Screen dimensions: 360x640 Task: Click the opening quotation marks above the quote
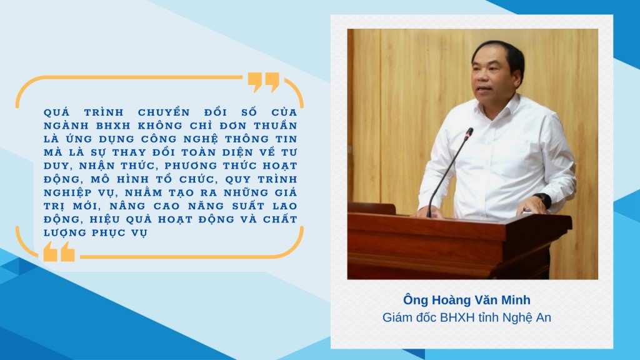263,81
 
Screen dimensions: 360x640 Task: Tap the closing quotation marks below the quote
59,251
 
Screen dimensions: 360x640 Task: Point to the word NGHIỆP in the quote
69,192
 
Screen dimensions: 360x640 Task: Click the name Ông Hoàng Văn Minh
467,300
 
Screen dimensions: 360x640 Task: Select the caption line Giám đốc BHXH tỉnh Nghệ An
467,318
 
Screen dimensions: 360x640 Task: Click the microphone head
469,132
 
